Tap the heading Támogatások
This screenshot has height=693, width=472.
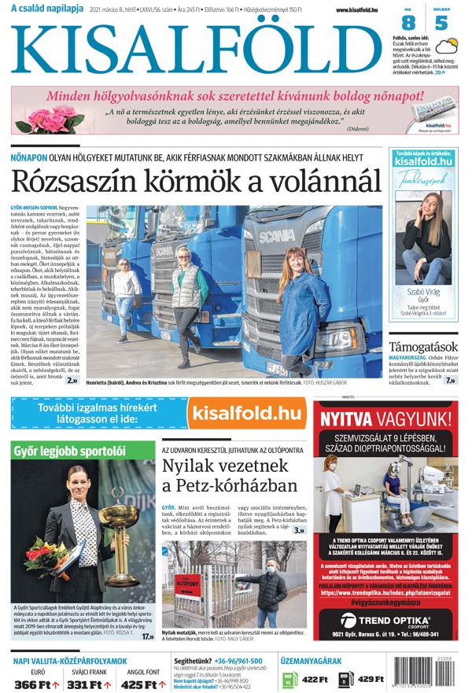pos(423,346)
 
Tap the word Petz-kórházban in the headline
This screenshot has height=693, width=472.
pos(233,485)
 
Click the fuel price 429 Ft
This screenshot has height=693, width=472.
pos(369,679)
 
